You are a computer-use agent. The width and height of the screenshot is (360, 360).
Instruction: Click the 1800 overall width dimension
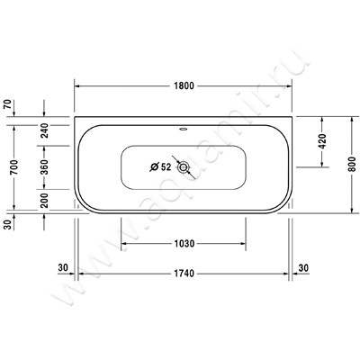[x=184, y=86]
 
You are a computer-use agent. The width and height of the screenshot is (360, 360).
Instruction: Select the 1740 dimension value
[x=184, y=274]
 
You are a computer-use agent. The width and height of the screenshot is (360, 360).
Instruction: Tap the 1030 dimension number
[x=184, y=244]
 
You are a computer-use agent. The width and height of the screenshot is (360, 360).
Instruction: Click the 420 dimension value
[x=321, y=141]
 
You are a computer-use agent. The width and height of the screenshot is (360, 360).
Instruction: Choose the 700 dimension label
[x=14, y=167]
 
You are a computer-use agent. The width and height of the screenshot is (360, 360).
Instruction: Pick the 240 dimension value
[x=44, y=130]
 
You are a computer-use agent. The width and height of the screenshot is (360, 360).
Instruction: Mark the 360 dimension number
[x=44, y=167]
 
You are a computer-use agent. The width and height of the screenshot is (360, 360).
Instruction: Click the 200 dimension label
[x=44, y=201]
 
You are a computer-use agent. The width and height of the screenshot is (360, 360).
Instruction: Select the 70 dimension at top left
[x=8, y=104]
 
